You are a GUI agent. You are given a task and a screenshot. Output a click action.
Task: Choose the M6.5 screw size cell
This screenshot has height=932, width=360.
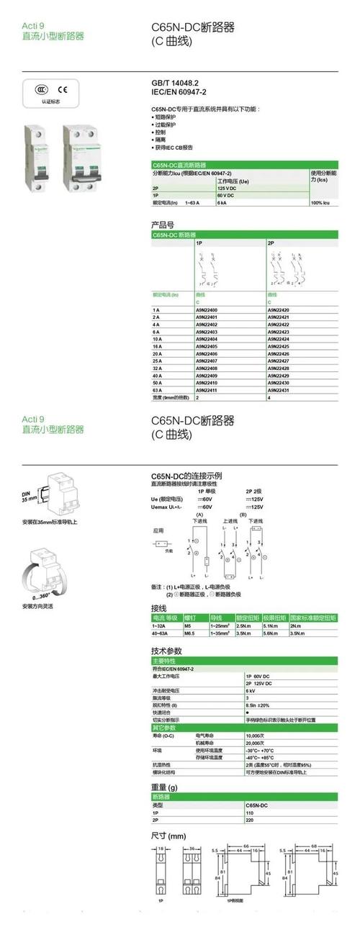point(191,633)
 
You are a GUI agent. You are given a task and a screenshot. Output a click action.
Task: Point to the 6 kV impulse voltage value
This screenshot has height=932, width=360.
point(251,689)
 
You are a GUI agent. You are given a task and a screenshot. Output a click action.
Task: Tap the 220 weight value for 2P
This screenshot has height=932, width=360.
point(250,820)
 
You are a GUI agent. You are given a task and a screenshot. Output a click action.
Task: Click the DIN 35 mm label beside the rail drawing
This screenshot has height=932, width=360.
point(29,494)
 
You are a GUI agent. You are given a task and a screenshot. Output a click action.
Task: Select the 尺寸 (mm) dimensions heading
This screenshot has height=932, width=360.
point(168,836)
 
